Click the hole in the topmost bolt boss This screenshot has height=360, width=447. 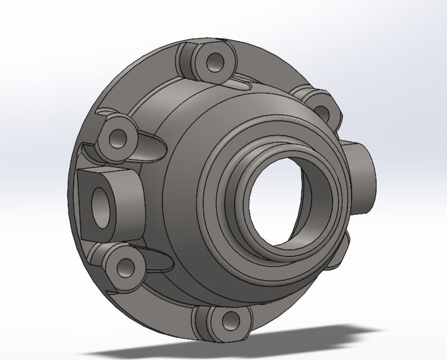click(214, 62)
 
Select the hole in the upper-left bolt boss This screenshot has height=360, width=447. click(119, 137)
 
